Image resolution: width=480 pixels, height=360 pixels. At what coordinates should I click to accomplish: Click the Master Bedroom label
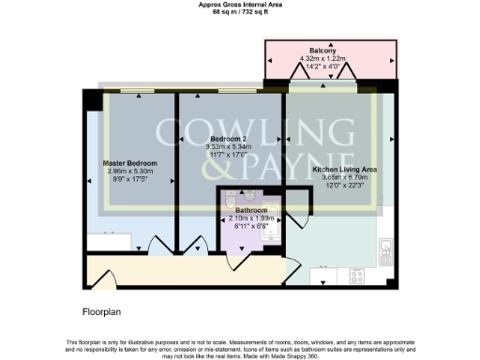point(129,163)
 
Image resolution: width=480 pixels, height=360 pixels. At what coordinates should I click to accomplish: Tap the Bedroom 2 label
point(229,139)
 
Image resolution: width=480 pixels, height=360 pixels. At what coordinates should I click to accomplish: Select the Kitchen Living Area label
point(344,169)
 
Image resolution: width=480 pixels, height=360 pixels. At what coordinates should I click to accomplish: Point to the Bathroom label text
point(251,210)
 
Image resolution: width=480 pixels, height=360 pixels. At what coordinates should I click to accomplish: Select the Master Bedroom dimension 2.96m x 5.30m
point(129,172)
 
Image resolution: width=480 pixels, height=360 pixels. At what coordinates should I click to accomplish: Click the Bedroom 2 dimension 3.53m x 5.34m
point(229,147)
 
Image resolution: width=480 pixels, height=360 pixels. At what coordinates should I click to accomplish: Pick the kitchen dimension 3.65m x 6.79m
point(344,177)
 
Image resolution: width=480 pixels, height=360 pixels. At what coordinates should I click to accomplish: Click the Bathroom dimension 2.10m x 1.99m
point(251,218)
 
